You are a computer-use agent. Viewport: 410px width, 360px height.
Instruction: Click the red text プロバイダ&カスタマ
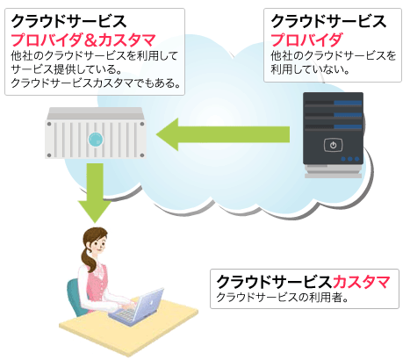(x=83, y=40)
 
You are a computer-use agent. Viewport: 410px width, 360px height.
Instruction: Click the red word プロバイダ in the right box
(x=306, y=40)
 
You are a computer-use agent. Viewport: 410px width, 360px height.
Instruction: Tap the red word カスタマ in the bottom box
(x=361, y=282)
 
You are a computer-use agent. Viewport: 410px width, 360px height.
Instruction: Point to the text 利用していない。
(x=310, y=69)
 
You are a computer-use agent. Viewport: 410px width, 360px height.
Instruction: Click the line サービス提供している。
(x=66, y=69)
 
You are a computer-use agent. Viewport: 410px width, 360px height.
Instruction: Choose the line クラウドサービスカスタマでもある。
(x=96, y=83)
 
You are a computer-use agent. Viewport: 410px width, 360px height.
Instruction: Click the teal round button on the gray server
(x=96, y=139)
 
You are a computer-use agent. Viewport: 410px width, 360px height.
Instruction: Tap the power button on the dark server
(x=333, y=145)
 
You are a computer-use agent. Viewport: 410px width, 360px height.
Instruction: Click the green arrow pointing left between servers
(x=223, y=134)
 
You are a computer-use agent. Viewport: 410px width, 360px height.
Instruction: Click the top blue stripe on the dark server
(x=348, y=103)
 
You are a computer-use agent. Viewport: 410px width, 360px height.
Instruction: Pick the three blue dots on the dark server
(x=350, y=159)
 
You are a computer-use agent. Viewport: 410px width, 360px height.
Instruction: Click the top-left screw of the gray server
(x=49, y=124)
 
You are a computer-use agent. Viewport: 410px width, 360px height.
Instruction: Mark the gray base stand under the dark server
(x=333, y=171)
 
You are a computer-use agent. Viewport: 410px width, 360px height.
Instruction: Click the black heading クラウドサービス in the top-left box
(x=68, y=21)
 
